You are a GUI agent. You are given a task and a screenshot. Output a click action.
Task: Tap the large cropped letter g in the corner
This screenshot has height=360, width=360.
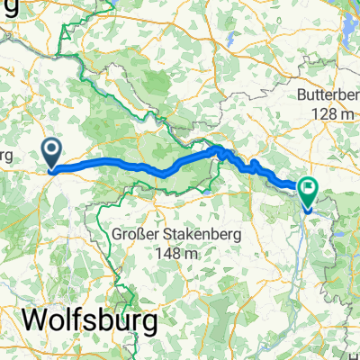point(7,7)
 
